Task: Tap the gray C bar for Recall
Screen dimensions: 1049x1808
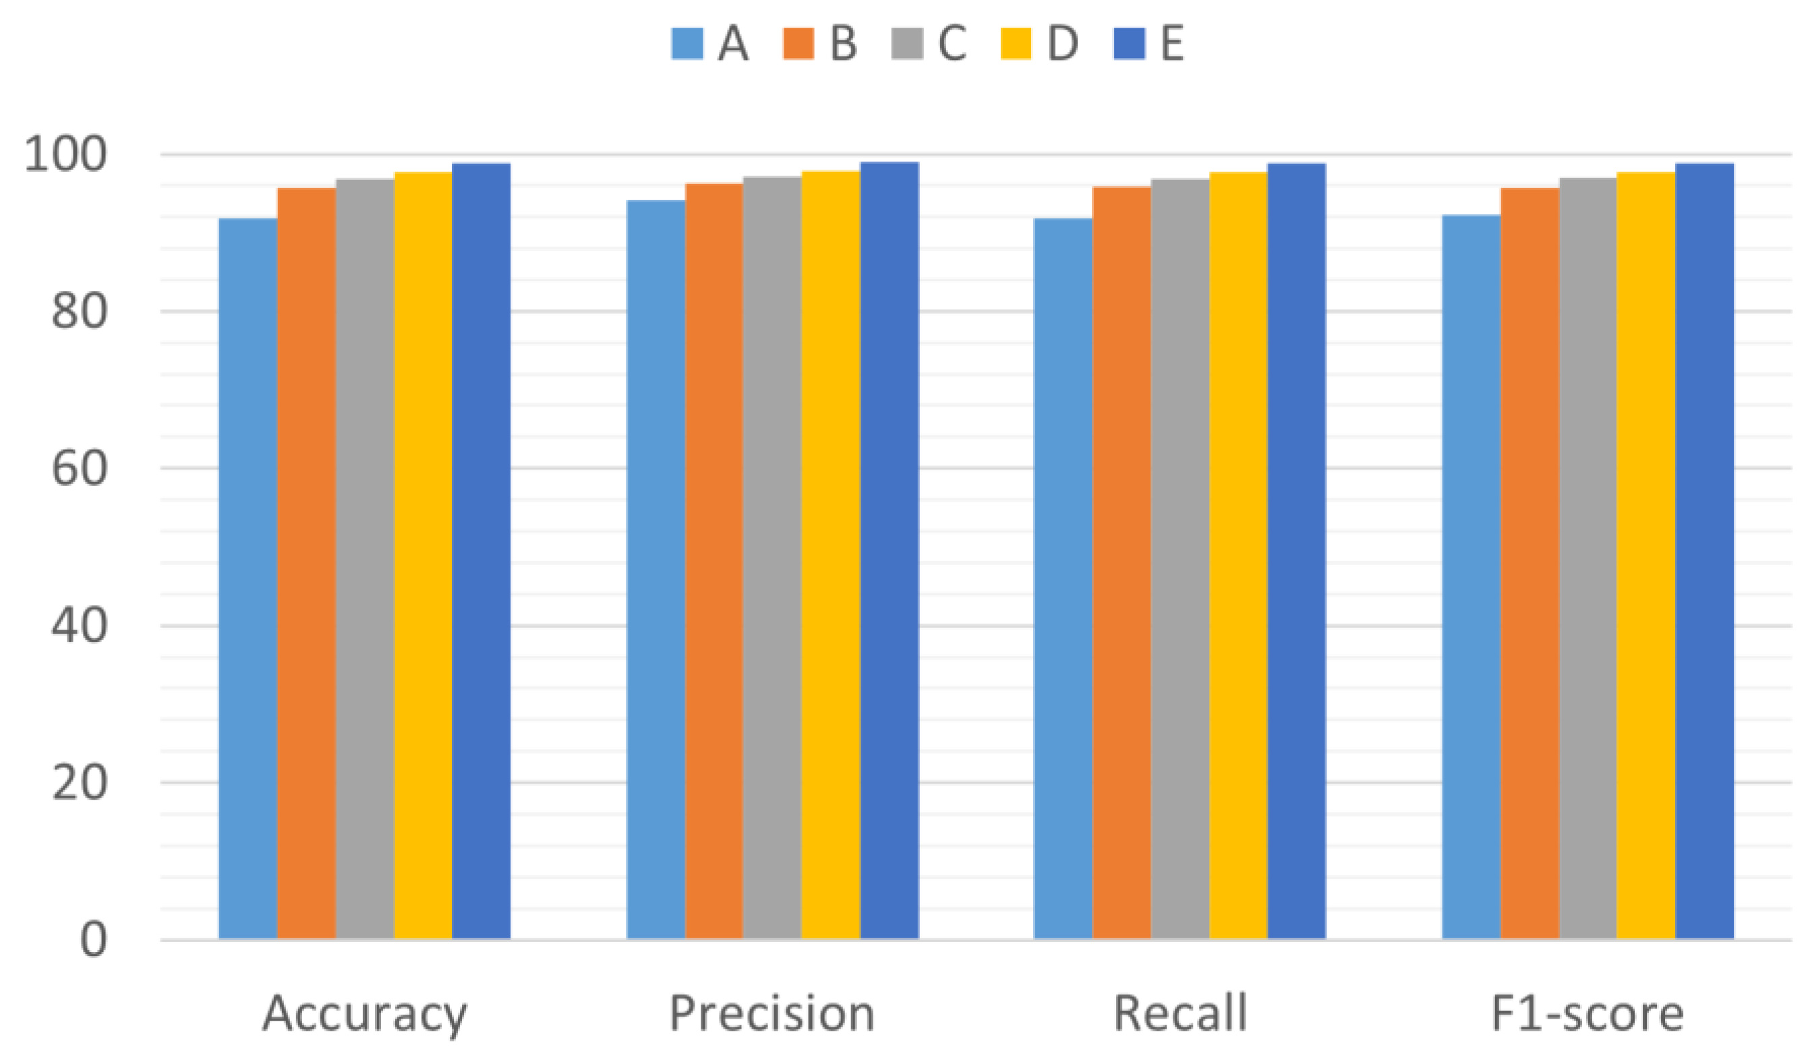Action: (x=1179, y=559)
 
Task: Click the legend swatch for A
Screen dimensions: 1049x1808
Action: (x=687, y=44)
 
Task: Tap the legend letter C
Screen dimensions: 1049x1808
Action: (x=952, y=44)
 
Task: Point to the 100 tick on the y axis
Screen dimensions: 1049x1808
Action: (x=65, y=154)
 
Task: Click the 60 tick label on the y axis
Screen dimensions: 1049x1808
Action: (x=80, y=469)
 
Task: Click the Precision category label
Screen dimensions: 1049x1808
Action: (x=772, y=1013)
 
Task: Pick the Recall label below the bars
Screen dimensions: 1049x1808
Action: (x=1179, y=1013)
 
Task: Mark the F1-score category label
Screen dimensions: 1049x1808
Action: (x=1587, y=1013)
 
